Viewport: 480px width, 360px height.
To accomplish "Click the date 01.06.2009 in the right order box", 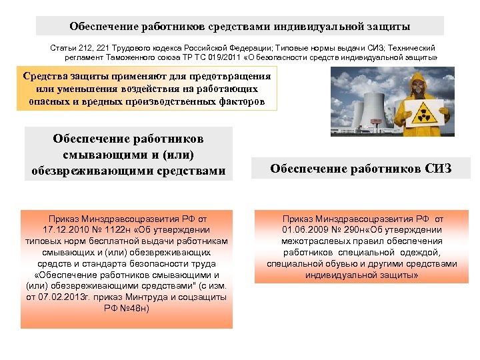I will coord(307,229).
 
